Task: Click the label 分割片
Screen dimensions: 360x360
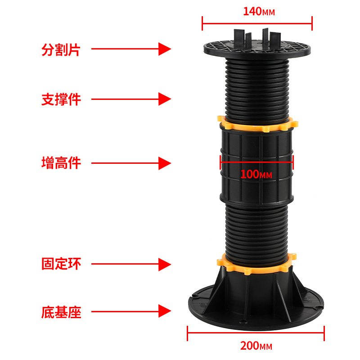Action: [x=61, y=49]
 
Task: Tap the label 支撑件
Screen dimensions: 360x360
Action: [x=61, y=99]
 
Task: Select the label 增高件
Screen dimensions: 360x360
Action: [x=61, y=163]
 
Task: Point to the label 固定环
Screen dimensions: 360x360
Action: [x=61, y=264]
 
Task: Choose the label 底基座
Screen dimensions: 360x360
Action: [x=61, y=312]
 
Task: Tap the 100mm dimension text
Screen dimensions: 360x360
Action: [x=256, y=174]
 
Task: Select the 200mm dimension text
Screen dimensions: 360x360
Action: [x=256, y=346]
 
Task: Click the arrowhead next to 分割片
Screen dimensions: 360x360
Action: [x=165, y=49]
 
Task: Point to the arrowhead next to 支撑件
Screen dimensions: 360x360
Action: [x=165, y=99]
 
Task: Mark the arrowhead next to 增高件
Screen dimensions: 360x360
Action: [x=165, y=163]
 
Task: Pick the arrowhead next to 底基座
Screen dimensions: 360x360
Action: [x=165, y=311]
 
